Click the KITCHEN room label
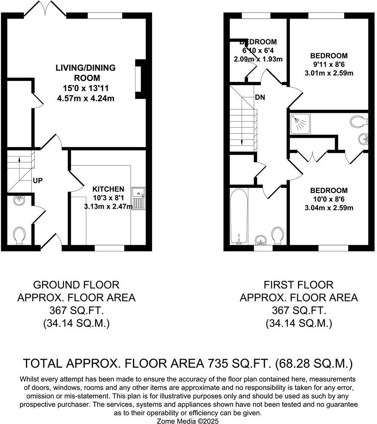click(108, 189)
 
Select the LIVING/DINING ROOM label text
click(85, 73)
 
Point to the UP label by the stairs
click(38, 181)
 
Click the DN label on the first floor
click(260, 97)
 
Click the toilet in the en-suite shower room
click(359, 122)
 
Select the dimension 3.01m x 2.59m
click(329, 73)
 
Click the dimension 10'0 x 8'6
click(329, 199)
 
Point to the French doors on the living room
click(45, 9)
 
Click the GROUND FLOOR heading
click(76, 285)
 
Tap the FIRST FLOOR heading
click(298, 285)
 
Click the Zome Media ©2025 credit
click(188, 421)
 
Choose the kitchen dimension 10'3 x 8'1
click(108, 198)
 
